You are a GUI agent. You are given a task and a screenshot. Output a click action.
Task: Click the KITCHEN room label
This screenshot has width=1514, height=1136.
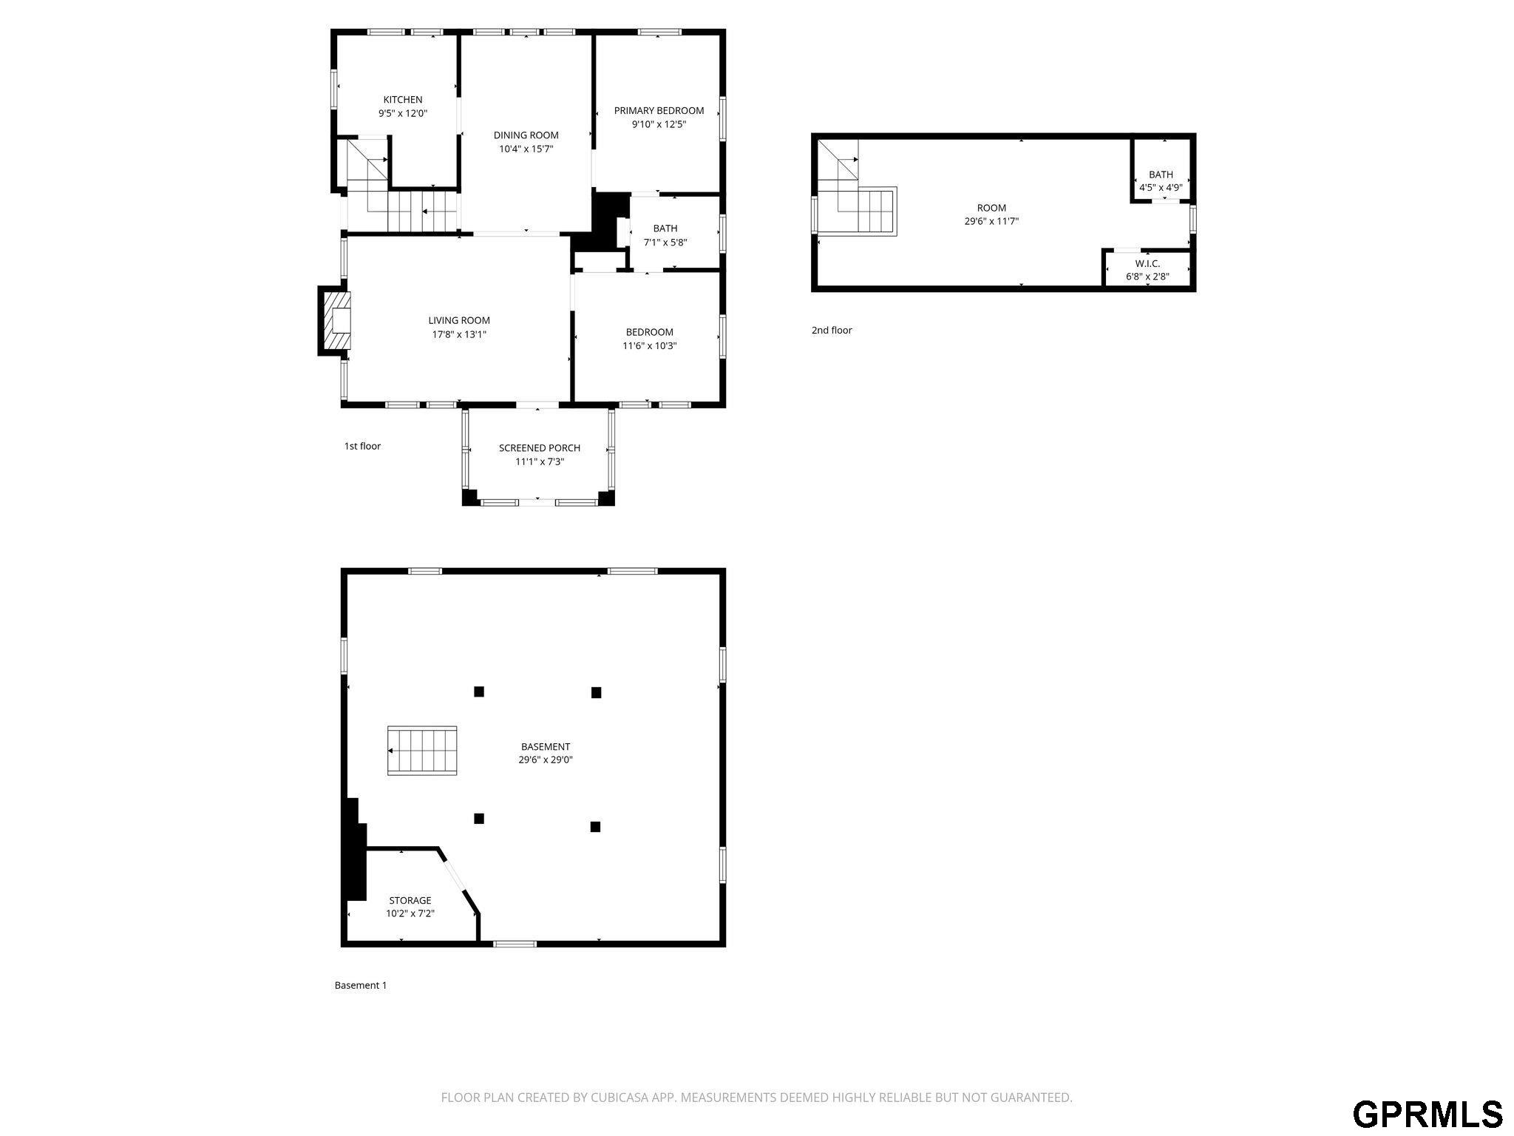[403, 100]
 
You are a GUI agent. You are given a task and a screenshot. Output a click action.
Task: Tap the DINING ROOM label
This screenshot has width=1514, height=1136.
[526, 135]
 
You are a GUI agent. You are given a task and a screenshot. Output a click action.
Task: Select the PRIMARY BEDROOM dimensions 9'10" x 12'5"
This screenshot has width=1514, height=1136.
[659, 124]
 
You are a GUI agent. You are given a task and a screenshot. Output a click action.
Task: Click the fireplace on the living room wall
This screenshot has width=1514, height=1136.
[335, 320]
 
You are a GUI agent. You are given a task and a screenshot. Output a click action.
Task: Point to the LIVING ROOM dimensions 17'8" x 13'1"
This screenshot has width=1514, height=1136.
[459, 334]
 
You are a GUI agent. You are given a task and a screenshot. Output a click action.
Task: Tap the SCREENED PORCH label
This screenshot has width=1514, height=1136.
[540, 448]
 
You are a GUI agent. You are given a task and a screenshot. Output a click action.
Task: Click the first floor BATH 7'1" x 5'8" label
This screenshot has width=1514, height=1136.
[665, 235]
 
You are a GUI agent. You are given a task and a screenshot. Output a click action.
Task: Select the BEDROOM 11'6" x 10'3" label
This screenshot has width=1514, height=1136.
[650, 339]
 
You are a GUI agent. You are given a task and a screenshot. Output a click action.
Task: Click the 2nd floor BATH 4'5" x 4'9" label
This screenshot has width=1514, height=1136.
[1161, 181]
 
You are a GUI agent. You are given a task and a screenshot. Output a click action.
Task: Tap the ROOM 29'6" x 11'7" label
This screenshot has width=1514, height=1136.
[991, 214]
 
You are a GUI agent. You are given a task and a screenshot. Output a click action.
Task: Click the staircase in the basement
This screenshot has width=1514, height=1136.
[422, 751]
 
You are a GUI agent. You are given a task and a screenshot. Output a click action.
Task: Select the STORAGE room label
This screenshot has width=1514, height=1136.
[410, 901]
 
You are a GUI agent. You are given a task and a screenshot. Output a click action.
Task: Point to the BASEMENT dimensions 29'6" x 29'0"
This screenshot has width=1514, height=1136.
[546, 760]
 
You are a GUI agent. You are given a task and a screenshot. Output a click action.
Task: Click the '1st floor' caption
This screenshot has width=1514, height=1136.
[362, 446]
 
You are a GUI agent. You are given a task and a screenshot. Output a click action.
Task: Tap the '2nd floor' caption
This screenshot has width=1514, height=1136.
[832, 331]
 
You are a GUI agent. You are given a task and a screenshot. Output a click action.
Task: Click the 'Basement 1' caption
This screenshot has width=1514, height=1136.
[361, 985]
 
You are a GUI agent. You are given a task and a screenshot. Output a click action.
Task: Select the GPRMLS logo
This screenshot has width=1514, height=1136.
[1428, 1114]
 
